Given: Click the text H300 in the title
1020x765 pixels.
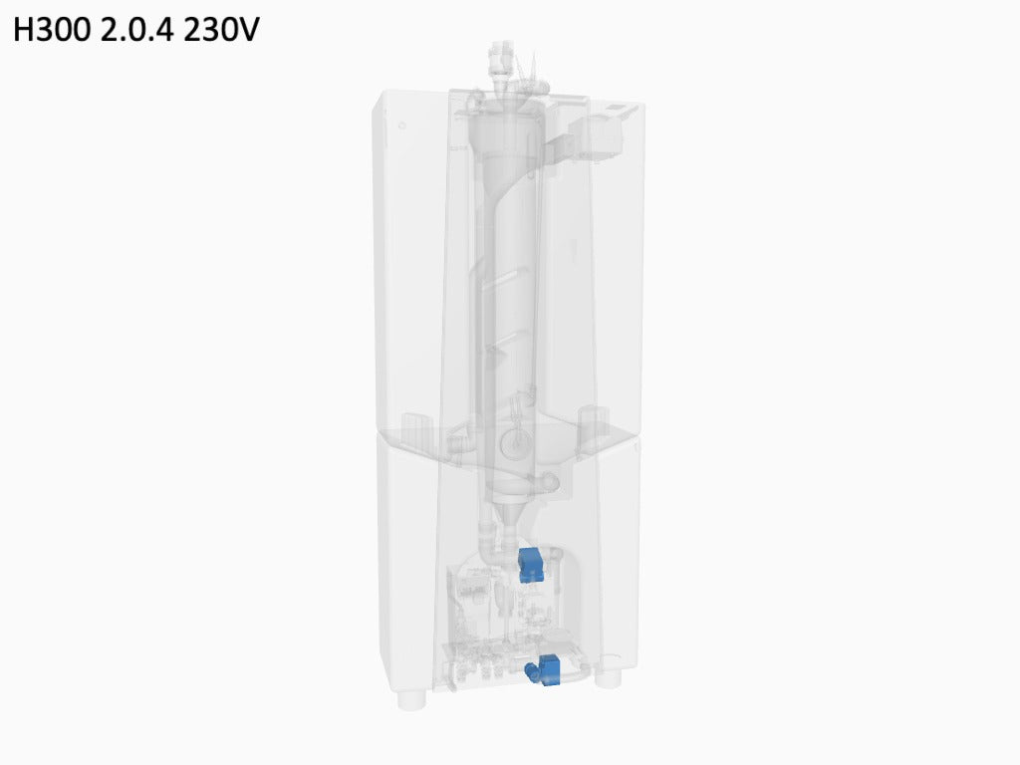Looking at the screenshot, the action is (x=52, y=30).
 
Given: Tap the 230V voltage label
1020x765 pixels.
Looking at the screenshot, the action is (x=221, y=30).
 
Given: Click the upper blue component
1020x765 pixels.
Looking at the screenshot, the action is (x=531, y=564).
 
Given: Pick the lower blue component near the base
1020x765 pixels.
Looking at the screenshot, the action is (x=544, y=670).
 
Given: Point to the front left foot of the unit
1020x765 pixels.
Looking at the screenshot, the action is (x=411, y=700).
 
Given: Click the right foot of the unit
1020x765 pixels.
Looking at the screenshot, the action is (x=609, y=679).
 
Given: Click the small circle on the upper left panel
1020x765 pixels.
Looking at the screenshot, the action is (x=402, y=125).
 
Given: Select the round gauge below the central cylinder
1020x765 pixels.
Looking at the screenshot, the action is (x=513, y=443).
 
